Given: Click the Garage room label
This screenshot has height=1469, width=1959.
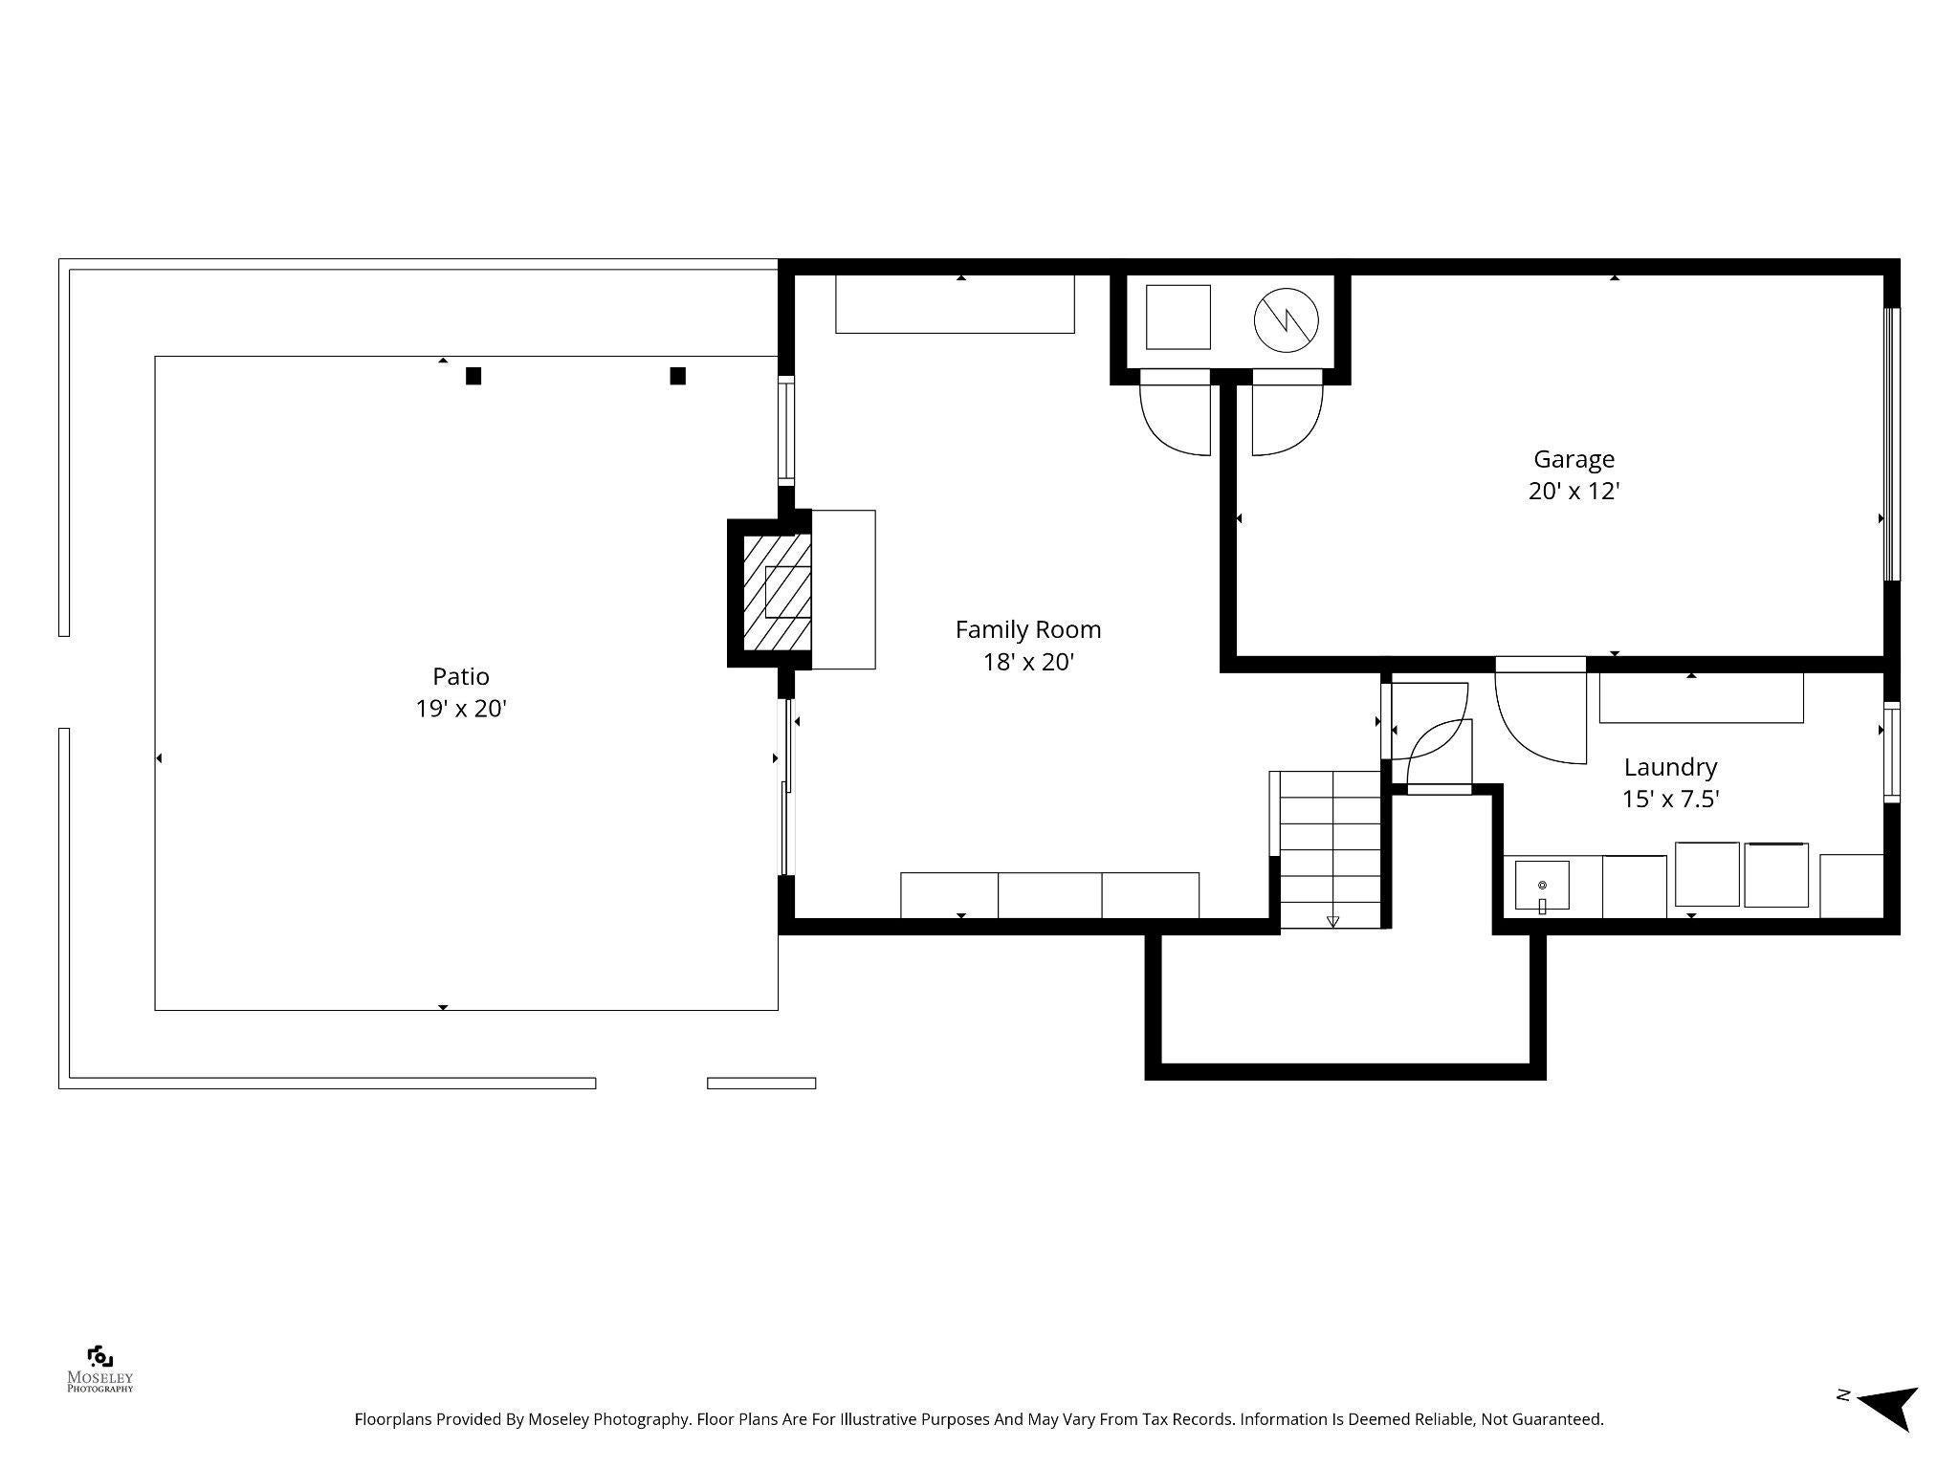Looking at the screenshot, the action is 1574,459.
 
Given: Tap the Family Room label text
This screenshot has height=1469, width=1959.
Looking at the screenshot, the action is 1028,629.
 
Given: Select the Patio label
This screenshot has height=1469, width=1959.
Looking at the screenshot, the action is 461,676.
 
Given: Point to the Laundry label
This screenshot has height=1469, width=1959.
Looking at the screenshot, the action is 1670,767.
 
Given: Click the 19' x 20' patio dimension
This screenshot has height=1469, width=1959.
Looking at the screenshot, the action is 461,709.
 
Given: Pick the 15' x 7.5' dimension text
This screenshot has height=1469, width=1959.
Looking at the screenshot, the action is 1670,800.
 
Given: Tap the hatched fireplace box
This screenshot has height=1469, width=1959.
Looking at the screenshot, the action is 777,592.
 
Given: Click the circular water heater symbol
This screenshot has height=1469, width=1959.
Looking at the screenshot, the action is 1286,319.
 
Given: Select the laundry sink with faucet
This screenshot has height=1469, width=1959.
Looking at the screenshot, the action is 1542,886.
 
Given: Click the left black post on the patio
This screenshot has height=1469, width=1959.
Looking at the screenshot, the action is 473,376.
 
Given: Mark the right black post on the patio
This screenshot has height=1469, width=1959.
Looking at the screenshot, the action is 677,376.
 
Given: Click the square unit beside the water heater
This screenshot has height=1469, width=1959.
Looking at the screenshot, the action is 1178,317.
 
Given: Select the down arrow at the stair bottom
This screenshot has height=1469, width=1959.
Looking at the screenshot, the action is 1332,922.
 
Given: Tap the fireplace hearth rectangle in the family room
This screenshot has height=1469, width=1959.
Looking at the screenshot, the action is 843,589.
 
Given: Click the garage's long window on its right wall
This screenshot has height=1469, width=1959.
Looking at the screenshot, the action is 1891,444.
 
